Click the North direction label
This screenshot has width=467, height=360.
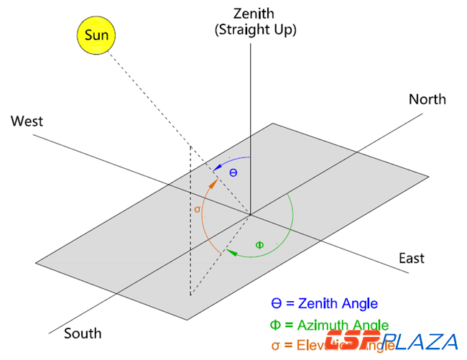click(427, 99)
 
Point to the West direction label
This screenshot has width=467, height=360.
click(27, 121)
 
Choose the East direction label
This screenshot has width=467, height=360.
click(412, 258)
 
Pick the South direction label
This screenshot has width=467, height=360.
click(83, 333)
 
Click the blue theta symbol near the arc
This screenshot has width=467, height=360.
click(233, 172)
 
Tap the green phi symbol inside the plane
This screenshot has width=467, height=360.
click(259, 245)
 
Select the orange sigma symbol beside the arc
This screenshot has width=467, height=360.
click(198, 209)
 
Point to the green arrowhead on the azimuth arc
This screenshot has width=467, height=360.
click(231, 251)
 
